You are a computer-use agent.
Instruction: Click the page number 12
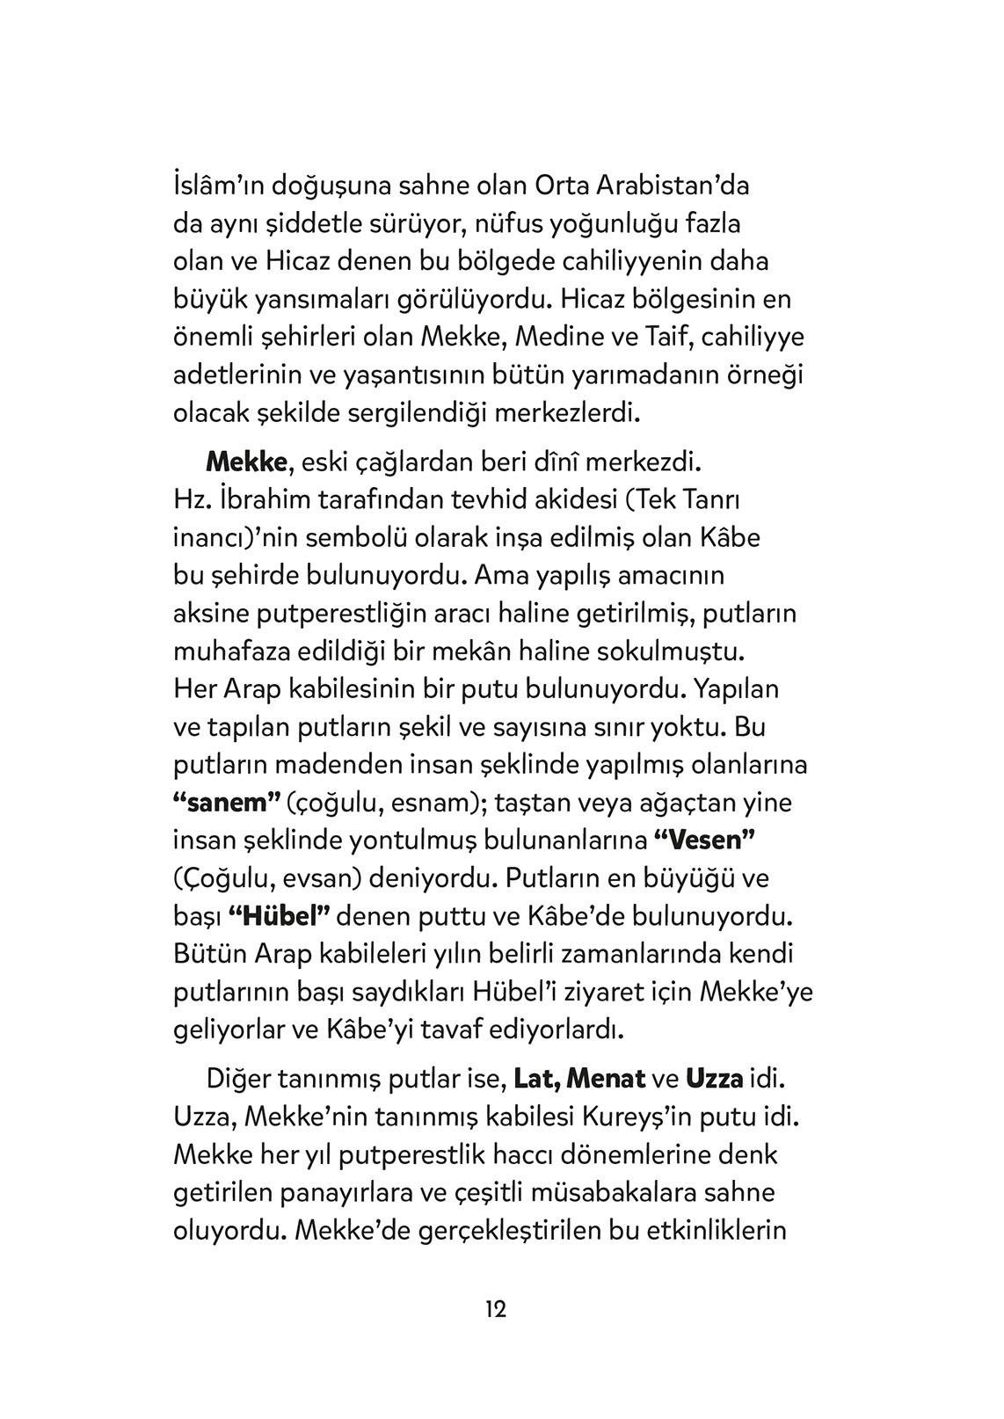point(495,1309)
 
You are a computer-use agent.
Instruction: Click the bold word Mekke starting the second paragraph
point(246,461)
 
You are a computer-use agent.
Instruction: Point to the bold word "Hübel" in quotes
point(278,915)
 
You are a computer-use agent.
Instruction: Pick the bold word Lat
point(535,1078)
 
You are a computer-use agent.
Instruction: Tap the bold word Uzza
point(714,1078)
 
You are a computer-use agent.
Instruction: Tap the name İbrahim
point(265,499)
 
